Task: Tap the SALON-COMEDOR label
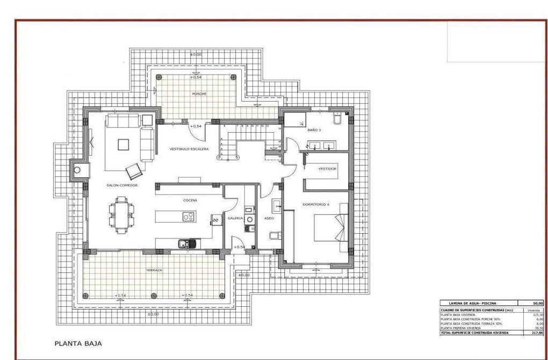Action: tap(122, 185)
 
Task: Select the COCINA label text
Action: tap(190, 200)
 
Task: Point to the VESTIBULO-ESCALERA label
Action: tap(189, 149)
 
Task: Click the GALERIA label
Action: tap(235, 219)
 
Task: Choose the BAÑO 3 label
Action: tap(314, 131)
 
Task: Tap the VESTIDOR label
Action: tap(327, 169)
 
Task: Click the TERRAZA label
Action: tap(154, 270)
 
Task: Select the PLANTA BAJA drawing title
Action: tap(78, 342)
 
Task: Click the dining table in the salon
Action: tap(121, 213)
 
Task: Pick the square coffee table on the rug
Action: tap(123, 144)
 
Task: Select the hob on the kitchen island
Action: tap(188, 217)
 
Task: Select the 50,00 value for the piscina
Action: tap(535, 304)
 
